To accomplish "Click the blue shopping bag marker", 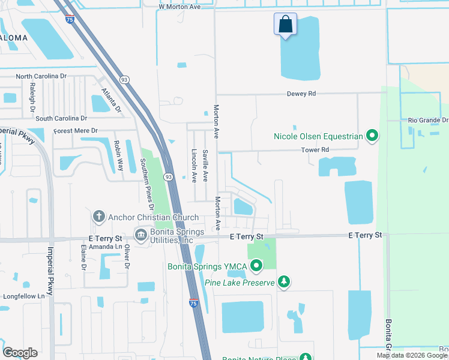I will [x=286, y=25].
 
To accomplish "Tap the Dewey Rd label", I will [x=301, y=94].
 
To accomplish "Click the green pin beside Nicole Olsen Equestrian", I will [x=372, y=136].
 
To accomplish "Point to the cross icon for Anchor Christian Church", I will [x=99, y=216].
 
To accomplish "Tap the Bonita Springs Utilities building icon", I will [x=142, y=234].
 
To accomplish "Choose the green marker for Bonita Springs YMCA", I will [x=257, y=265].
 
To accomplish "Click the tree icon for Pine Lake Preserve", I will [x=285, y=282].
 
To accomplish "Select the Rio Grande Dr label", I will [x=427, y=120].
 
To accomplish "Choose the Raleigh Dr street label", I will [x=33, y=95].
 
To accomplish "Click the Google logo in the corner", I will [x=20, y=352].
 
